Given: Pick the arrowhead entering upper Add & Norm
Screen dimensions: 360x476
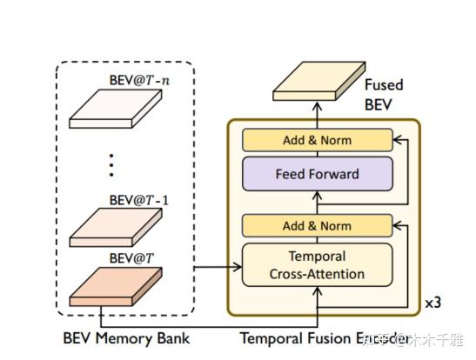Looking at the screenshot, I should pyautogui.click(x=397, y=139).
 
